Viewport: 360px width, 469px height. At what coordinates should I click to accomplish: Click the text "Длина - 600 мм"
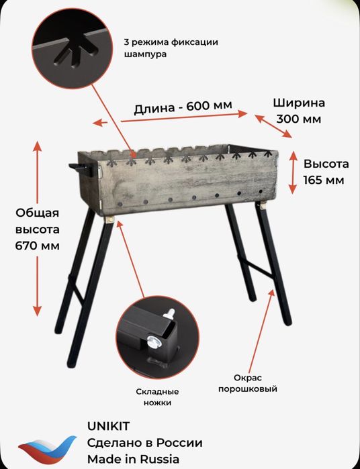pos(183,107)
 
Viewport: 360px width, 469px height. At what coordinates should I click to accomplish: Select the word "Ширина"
pos(299,103)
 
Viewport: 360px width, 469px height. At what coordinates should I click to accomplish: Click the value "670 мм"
pos(37,245)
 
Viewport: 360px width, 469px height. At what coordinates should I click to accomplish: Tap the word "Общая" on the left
pos(38,213)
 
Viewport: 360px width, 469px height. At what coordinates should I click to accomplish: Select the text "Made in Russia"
pos(133,459)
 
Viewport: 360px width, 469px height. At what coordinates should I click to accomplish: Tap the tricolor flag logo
pos(47,447)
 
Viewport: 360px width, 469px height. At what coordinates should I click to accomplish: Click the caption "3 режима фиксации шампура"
pos(171,48)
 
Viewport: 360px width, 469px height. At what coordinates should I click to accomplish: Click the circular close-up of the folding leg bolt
pos(157,336)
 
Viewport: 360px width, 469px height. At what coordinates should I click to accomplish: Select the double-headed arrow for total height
pos(37,229)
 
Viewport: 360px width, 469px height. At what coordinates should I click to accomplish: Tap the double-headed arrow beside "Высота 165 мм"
pos(292,172)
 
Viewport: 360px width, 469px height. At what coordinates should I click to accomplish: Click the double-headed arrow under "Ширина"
pos(273,125)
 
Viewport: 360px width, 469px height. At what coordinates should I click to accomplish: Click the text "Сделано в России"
pos(144,443)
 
